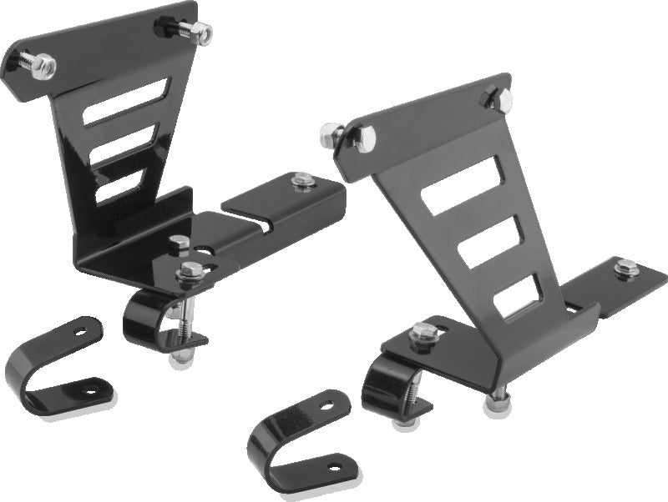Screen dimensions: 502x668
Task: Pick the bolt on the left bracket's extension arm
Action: point(303,179)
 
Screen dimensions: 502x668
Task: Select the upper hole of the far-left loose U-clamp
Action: point(81,332)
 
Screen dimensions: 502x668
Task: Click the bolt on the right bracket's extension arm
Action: point(625,269)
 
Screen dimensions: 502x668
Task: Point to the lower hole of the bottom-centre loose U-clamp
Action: point(335,468)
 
